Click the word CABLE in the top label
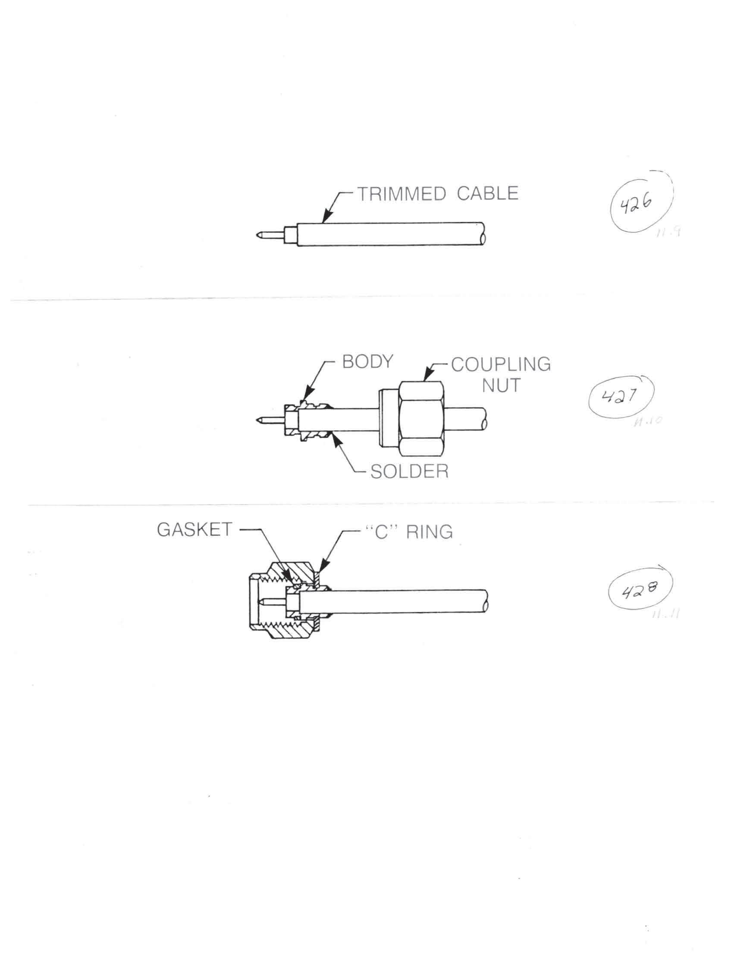pyautogui.click(x=487, y=193)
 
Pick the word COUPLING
pyautogui.click(x=500, y=365)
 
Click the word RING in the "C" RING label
pyautogui.click(x=429, y=532)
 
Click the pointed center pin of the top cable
pyautogui.click(x=259, y=234)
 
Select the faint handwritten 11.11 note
pyautogui.click(x=664, y=615)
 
